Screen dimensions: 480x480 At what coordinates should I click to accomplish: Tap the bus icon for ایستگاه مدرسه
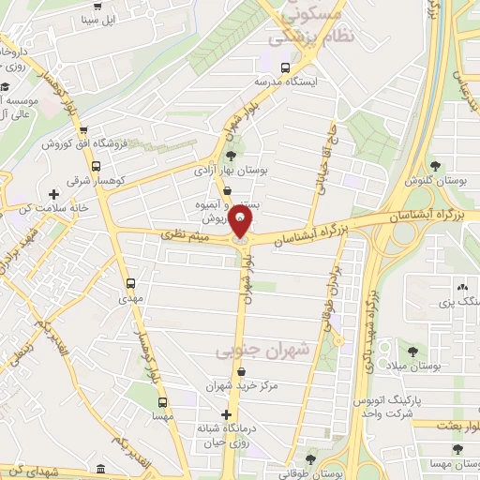286,67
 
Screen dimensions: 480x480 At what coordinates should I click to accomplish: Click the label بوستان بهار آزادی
231,172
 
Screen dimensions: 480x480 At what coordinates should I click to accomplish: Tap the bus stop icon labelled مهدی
129,282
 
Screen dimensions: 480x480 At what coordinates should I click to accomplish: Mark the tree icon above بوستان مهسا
457,449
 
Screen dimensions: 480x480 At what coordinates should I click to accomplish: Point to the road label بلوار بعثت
449,425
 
